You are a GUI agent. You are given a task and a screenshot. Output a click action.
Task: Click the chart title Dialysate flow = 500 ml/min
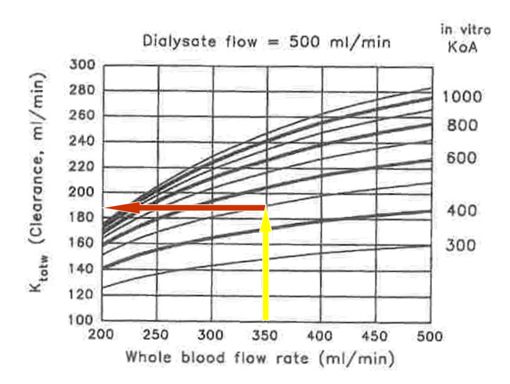pyautogui.click(x=266, y=41)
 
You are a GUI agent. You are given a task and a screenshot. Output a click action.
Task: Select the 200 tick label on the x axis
pyautogui.click(x=102, y=335)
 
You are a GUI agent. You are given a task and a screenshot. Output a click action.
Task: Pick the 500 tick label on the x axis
pyautogui.click(x=430, y=335)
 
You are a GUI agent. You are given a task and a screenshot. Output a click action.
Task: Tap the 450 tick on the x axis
pyautogui.click(x=375, y=335)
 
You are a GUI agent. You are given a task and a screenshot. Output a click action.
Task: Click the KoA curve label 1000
pyautogui.click(x=463, y=96)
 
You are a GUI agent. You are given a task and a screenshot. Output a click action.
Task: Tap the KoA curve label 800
pyautogui.click(x=462, y=125)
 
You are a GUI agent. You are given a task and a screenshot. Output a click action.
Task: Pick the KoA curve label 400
pyautogui.click(x=462, y=211)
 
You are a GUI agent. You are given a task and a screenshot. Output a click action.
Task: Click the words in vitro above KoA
pyautogui.click(x=465, y=30)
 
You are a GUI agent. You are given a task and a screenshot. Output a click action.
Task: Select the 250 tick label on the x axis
pyautogui.click(x=156, y=335)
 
